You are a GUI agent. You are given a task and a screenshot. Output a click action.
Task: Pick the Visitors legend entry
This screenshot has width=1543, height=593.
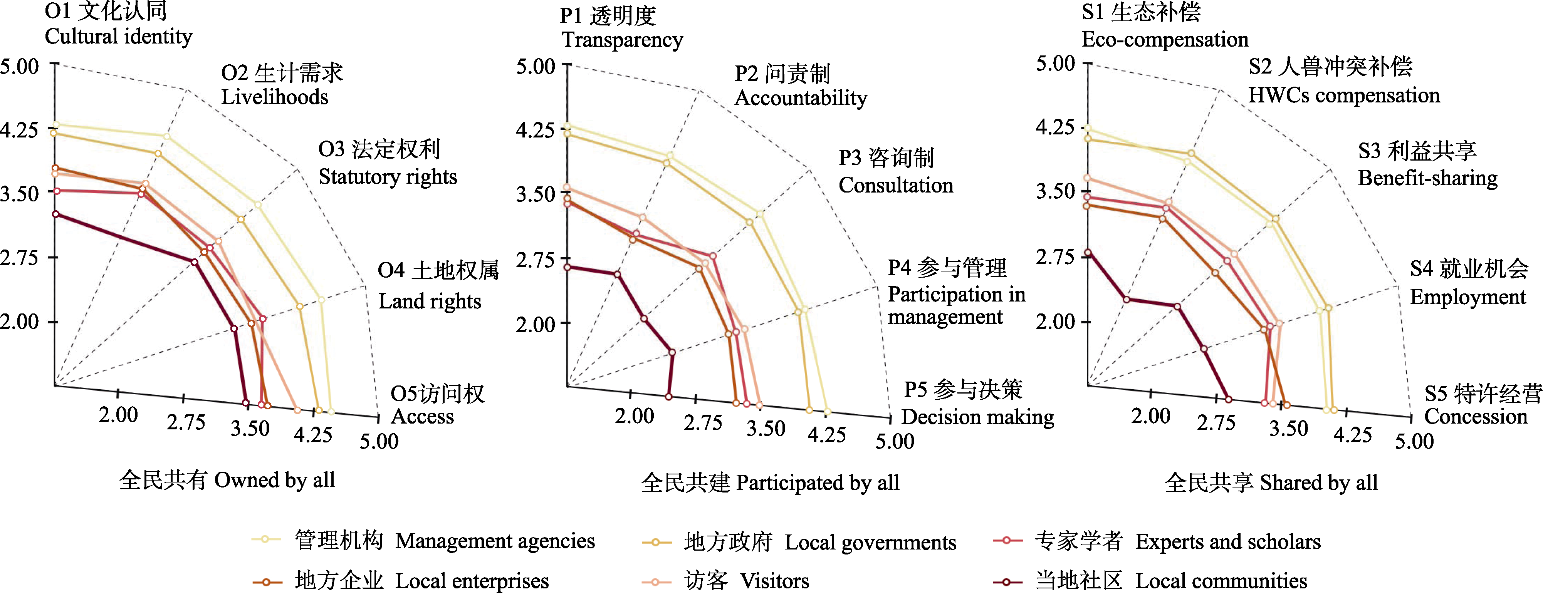tap(746, 580)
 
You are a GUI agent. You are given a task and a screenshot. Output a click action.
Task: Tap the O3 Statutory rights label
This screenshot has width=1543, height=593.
tap(387, 163)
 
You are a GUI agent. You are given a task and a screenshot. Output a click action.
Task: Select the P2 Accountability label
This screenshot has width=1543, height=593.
tap(800, 85)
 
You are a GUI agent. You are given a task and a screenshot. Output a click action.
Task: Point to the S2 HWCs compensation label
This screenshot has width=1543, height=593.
tap(1343, 81)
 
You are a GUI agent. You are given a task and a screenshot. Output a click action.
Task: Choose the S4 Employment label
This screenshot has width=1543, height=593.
tap(1468, 282)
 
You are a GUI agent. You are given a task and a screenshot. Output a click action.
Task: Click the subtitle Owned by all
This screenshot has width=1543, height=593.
tap(227, 480)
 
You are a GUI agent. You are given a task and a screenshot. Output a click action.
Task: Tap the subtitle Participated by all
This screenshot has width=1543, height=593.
tap(770, 482)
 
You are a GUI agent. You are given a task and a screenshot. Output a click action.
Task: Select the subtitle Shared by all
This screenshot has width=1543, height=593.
tap(1271, 482)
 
